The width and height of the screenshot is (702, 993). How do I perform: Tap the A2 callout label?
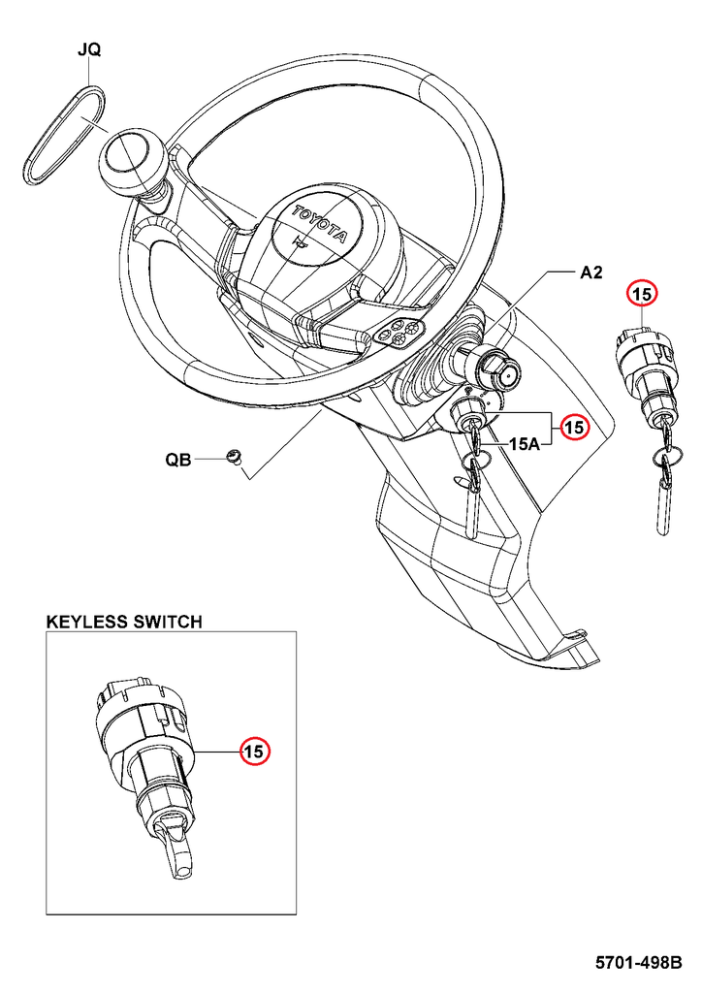click(591, 273)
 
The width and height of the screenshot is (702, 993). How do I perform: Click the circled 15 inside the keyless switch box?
click(254, 751)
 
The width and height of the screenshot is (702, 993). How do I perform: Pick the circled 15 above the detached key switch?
click(643, 292)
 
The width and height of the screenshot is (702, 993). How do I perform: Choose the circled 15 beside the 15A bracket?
click(575, 427)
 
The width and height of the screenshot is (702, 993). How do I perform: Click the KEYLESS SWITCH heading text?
click(124, 622)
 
